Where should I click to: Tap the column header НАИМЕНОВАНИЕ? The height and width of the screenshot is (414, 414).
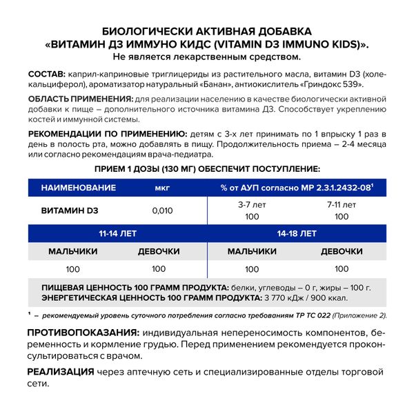(x=75, y=187)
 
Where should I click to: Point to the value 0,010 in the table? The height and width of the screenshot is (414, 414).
(x=161, y=210)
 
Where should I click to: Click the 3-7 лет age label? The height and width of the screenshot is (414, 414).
(x=252, y=205)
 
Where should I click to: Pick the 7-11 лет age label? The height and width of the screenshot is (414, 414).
(x=342, y=205)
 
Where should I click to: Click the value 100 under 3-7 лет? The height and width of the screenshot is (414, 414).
(x=252, y=216)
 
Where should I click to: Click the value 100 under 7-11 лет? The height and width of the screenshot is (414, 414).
(x=342, y=216)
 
